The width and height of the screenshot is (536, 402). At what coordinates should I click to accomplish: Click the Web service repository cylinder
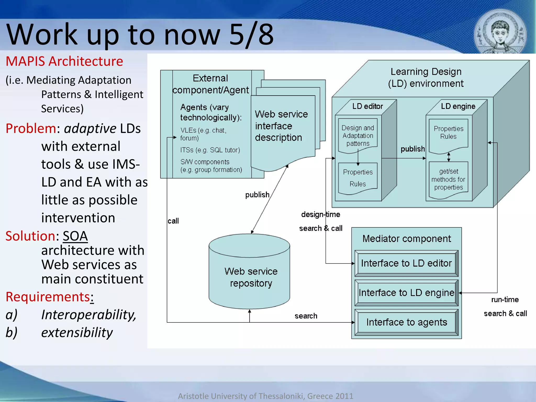249,275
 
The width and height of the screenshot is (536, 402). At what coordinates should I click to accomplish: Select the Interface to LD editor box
406,263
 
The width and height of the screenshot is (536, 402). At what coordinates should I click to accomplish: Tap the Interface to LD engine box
406,293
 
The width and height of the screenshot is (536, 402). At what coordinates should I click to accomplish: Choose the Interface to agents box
406,322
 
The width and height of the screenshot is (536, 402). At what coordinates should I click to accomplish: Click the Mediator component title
406,239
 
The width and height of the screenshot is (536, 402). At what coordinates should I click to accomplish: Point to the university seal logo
500,33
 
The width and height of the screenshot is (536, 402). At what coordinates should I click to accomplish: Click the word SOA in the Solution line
75,236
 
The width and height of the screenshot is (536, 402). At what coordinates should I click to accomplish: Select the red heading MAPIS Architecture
64,62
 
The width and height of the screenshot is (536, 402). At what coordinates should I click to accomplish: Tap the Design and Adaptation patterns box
358,136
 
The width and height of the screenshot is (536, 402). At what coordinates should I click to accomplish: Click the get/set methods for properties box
448,180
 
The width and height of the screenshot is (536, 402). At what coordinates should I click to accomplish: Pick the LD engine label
458,106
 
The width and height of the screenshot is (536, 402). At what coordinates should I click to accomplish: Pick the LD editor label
367,106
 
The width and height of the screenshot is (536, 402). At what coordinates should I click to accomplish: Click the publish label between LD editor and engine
413,149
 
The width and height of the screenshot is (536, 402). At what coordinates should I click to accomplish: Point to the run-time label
505,300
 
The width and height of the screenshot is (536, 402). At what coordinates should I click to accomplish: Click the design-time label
320,215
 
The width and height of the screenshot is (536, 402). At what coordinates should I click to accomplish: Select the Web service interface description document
281,126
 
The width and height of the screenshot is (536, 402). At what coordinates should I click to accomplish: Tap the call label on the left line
173,221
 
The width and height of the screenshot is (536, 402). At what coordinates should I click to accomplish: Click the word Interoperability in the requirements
88,315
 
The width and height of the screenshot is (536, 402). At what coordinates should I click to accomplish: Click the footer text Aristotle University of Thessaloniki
265,396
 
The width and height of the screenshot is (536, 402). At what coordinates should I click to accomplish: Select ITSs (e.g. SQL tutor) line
210,150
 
